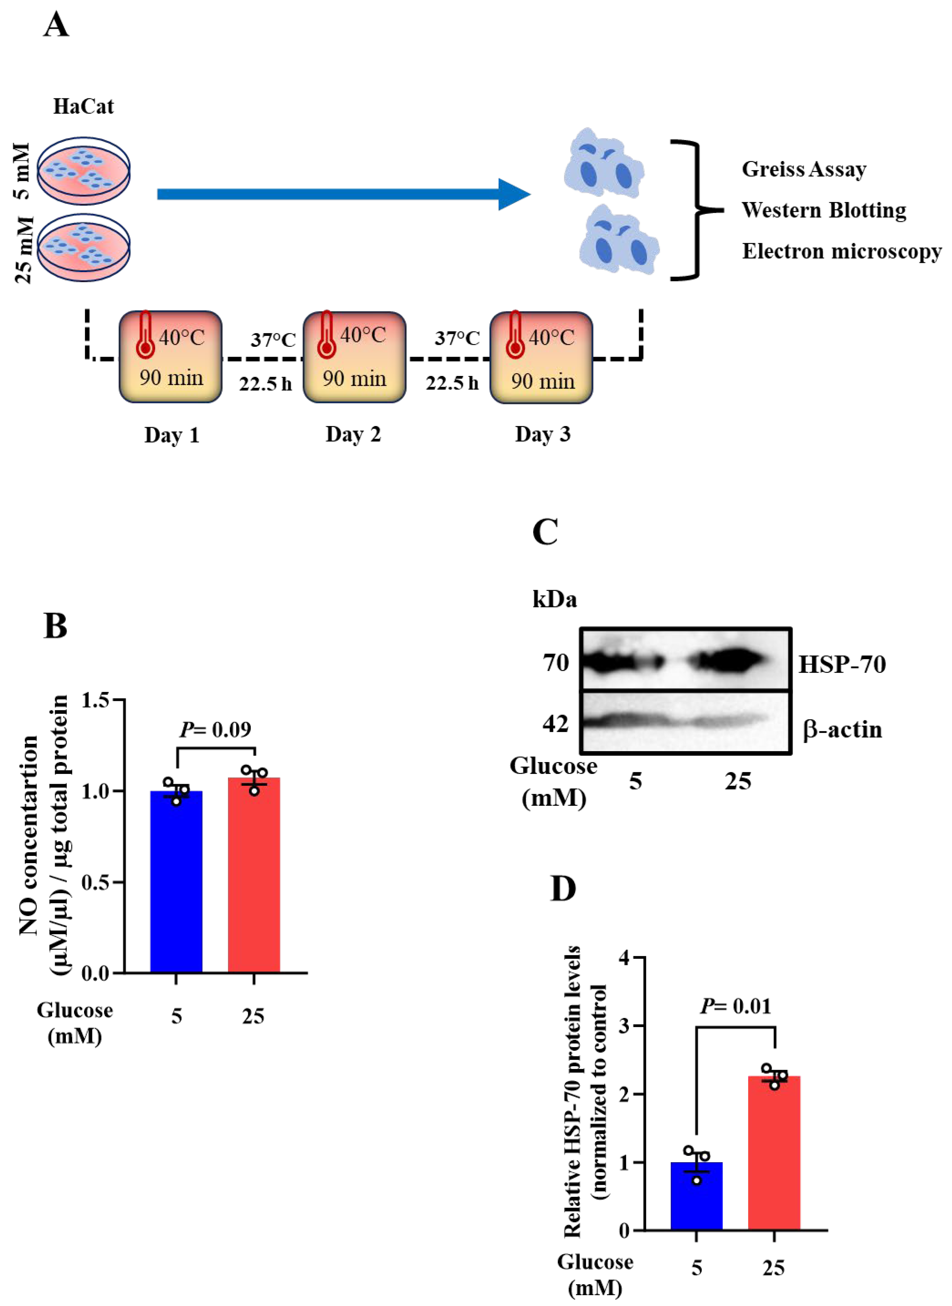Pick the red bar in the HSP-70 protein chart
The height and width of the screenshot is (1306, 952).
(774, 1152)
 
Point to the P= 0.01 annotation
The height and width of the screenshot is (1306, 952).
(735, 1006)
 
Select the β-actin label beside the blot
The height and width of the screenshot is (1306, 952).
(842, 729)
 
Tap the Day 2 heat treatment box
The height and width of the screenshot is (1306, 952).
(354, 357)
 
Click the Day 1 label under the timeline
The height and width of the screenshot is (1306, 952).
(172, 435)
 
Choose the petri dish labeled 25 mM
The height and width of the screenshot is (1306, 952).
(84, 248)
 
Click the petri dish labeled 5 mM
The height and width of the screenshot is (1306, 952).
(84, 170)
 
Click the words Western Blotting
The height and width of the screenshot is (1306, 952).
(824, 210)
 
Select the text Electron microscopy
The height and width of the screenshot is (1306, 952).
(841, 251)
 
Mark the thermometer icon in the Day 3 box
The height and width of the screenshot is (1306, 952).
(515, 335)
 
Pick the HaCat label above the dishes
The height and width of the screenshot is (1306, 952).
(84, 106)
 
